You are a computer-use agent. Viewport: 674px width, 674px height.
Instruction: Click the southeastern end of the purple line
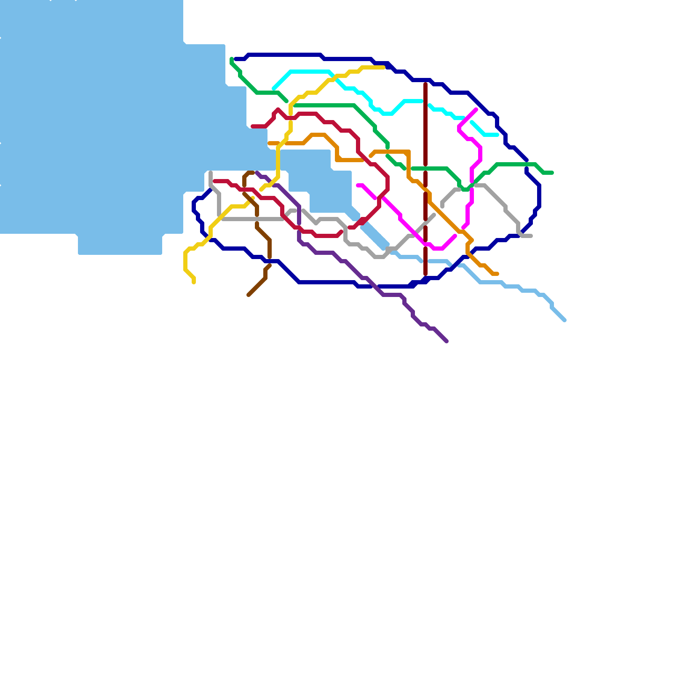point(447,341)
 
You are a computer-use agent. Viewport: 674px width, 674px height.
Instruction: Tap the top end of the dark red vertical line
point(425,84)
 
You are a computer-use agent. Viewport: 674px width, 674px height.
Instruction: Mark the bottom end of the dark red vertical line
point(425,275)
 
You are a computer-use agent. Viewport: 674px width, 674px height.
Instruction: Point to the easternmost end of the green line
point(552,173)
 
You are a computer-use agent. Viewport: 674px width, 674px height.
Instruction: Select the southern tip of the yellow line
point(194,282)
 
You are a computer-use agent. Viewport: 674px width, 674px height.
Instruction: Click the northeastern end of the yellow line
point(383,67)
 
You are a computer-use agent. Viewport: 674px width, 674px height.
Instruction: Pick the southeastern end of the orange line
point(497,274)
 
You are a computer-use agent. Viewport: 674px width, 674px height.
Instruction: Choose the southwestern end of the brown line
point(249,295)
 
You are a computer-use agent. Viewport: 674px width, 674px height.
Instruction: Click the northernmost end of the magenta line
point(476,110)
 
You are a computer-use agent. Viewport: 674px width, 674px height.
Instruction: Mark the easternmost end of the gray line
point(531,236)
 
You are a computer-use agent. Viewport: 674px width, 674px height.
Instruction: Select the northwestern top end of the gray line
point(211,173)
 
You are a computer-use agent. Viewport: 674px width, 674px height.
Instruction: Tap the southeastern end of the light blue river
point(564,320)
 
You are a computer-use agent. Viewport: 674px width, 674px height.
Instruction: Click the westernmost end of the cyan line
point(274,88)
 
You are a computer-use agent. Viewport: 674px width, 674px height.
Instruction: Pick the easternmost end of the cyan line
point(497,135)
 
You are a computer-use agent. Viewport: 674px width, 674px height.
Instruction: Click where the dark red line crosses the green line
point(425,168)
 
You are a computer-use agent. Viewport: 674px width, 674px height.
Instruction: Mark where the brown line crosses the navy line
point(270,261)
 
